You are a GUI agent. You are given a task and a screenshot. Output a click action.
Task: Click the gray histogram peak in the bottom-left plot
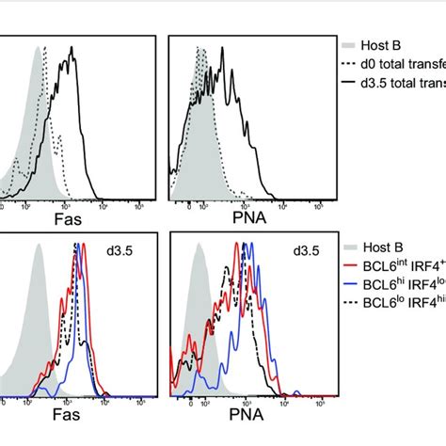pyautogui.click(x=38, y=249)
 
